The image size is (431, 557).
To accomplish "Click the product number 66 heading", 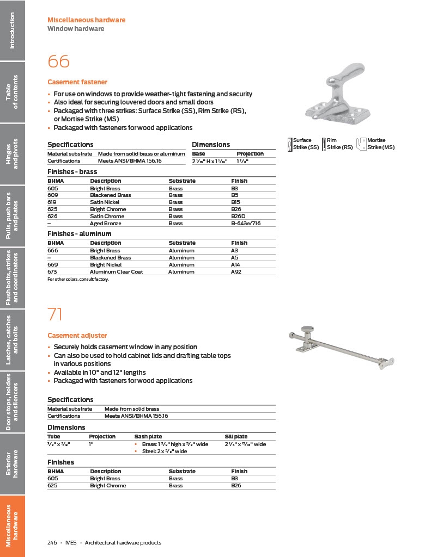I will click(59, 61).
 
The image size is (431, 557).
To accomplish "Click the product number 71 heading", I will click(55, 314).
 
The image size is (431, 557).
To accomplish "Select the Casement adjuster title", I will click(77, 336).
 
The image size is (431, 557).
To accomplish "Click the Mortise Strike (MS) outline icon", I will click(361, 144).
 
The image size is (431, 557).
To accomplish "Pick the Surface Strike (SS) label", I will click(306, 144).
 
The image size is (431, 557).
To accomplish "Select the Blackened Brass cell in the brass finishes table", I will click(110, 195).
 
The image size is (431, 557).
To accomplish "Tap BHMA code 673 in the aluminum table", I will click(53, 271).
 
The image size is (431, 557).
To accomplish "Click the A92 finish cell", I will click(236, 271).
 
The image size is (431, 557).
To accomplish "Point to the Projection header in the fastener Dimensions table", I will click(250, 154).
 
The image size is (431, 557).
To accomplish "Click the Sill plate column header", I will click(236, 437).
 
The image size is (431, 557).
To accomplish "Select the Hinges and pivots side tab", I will click(12, 153).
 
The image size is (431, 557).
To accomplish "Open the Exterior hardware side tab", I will click(12, 463).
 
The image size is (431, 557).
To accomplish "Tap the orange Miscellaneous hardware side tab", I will click(12, 525).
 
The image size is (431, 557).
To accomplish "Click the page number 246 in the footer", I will click(52, 542).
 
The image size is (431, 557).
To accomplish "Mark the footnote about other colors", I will click(78, 279).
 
